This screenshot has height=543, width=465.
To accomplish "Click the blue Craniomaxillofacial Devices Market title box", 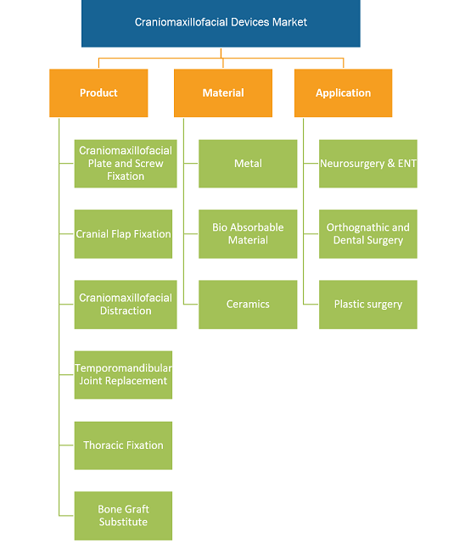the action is (221, 23).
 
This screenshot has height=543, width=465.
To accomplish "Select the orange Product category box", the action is (98, 92).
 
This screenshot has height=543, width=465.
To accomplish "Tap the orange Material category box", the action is (223, 92).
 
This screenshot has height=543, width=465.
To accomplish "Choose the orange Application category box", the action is (343, 92).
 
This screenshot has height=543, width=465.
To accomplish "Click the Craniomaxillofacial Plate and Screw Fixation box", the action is (126, 164).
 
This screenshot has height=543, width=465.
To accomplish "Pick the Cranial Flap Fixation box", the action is (123, 234).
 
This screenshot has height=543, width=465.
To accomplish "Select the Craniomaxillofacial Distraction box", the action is (126, 305).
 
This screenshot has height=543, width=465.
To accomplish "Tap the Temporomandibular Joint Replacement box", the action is (123, 375).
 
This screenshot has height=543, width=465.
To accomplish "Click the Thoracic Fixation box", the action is (123, 445).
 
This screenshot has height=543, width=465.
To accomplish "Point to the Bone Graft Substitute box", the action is (123, 516).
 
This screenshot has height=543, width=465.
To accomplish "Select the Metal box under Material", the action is (248, 164).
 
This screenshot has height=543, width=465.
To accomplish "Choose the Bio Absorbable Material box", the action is (248, 234).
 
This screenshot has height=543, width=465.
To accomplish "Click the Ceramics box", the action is (248, 305).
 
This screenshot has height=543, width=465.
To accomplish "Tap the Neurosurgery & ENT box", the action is (368, 164).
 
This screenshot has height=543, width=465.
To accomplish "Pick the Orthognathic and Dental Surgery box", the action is (368, 234).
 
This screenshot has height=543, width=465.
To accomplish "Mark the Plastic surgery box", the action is (368, 305).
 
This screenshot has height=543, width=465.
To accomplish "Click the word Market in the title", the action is (289, 22).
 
